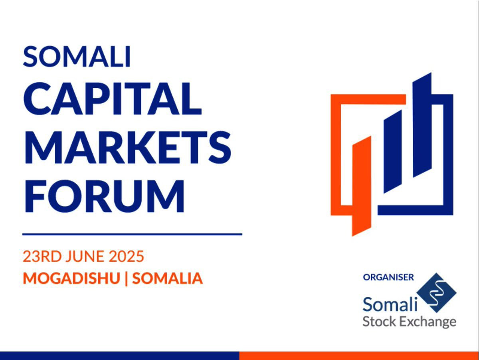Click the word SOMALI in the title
(77, 56)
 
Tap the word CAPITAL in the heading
(113, 99)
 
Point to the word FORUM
(105, 196)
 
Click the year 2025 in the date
(127, 257)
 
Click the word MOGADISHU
(71, 278)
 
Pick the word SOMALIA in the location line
(167, 278)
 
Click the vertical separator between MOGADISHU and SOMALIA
(126, 278)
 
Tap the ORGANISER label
(388, 277)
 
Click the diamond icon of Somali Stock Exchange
(436, 293)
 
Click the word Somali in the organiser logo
(390, 304)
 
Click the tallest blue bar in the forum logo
(422, 125)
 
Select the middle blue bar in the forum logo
(393, 151)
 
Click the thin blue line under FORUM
(132, 235)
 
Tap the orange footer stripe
(359, 356)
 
